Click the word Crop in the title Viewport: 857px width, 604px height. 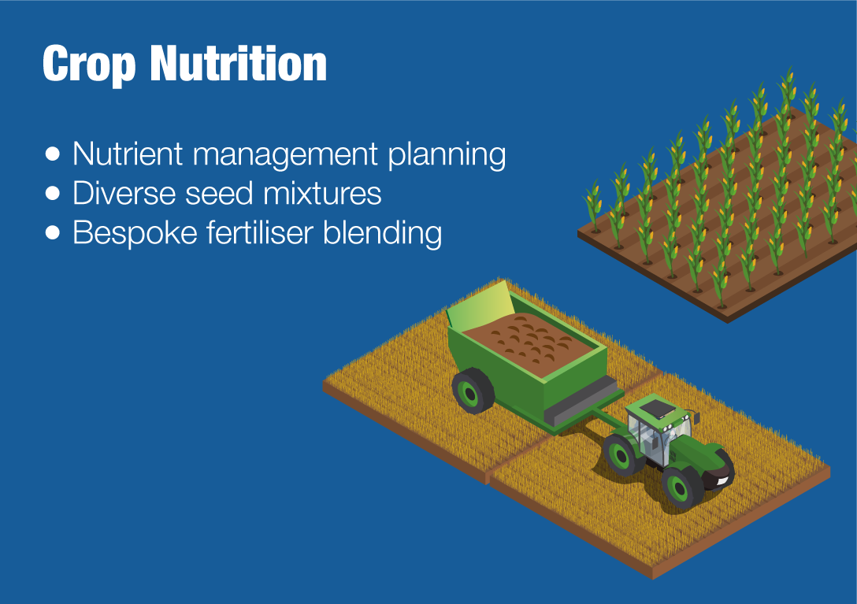(x=88, y=65)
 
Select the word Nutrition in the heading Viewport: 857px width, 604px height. (x=239, y=64)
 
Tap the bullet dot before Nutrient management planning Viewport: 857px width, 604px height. (x=53, y=154)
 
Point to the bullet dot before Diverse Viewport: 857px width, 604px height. (x=53, y=194)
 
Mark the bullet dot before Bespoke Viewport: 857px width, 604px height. (x=53, y=233)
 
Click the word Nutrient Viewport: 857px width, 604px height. (x=128, y=154)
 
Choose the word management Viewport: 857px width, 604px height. (x=285, y=154)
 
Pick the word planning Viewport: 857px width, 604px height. (x=447, y=154)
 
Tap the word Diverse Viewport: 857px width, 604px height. (x=124, y=194)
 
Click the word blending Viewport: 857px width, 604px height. (x=382, y=233)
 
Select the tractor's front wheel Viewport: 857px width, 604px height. (x=683, y=487)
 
